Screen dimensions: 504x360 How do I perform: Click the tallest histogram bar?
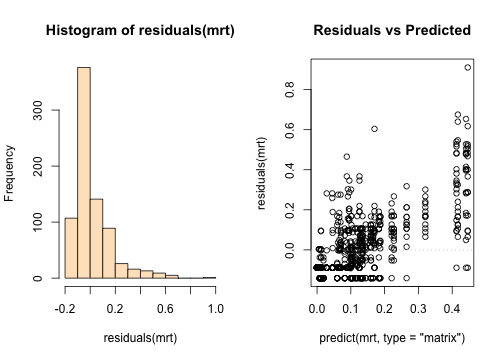84,173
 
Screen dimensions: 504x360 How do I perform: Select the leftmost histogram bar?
71,248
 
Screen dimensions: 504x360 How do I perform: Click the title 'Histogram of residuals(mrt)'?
140,30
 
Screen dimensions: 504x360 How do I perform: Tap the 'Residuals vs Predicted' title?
392,30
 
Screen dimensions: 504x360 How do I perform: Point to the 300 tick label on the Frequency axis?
38,110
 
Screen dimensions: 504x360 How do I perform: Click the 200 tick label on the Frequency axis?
38,166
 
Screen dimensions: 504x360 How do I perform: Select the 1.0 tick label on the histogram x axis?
215,309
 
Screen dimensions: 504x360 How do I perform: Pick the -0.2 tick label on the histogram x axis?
65,309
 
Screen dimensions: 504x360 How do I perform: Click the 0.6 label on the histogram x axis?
165,309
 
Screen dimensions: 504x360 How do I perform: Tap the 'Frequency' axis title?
9,173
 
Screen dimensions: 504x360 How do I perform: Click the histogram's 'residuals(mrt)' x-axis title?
140,338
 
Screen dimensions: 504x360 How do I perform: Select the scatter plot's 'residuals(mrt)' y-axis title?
262,173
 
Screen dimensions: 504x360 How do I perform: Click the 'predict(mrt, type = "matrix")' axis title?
392,338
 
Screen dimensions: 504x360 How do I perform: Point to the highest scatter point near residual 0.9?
468,68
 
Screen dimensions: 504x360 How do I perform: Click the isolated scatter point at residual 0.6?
374,129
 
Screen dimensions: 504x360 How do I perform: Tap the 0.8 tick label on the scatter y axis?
290,89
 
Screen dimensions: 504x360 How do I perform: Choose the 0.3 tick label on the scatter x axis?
418,309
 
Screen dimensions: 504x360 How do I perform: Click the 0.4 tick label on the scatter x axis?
452,309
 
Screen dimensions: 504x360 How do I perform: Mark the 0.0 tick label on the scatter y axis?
290,250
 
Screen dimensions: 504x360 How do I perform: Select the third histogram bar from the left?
96,239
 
